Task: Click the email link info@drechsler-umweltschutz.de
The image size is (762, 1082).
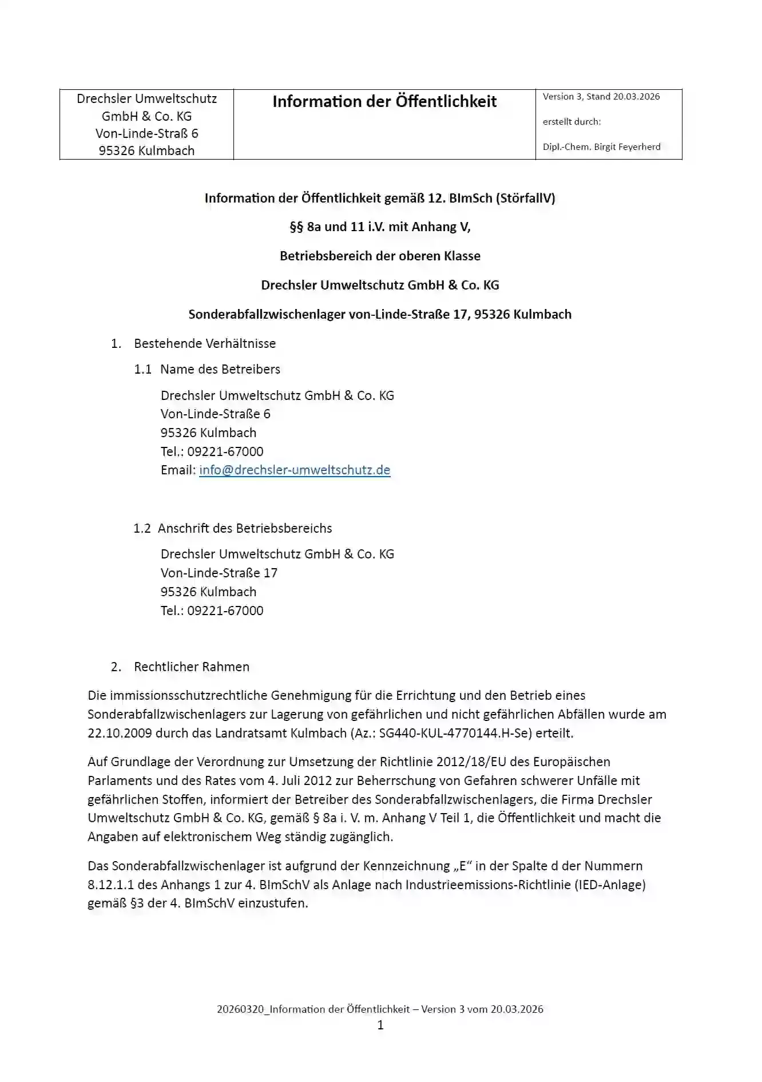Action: tap(295, 470)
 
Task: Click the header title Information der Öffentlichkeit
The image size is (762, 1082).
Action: tap(384, 102)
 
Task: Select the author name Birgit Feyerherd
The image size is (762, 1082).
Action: tap(627, 147)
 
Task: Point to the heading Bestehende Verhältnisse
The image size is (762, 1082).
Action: tap(205, 343)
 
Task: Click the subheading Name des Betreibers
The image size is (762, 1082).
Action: tap(220, 369)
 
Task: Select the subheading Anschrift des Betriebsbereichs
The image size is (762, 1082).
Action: tap(245, 528)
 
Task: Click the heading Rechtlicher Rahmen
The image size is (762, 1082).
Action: tap(192, 667)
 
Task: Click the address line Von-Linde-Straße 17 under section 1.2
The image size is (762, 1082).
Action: tap(219, 573)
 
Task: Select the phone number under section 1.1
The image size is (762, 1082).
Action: tap(225, 451)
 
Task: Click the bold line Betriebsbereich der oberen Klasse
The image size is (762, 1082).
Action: tap(380, 256)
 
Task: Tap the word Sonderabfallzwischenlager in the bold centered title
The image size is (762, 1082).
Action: tap(267, 314)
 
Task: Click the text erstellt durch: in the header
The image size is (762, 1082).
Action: tap(571, 122)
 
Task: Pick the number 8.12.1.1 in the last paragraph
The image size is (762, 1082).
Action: tap(111, 885)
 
